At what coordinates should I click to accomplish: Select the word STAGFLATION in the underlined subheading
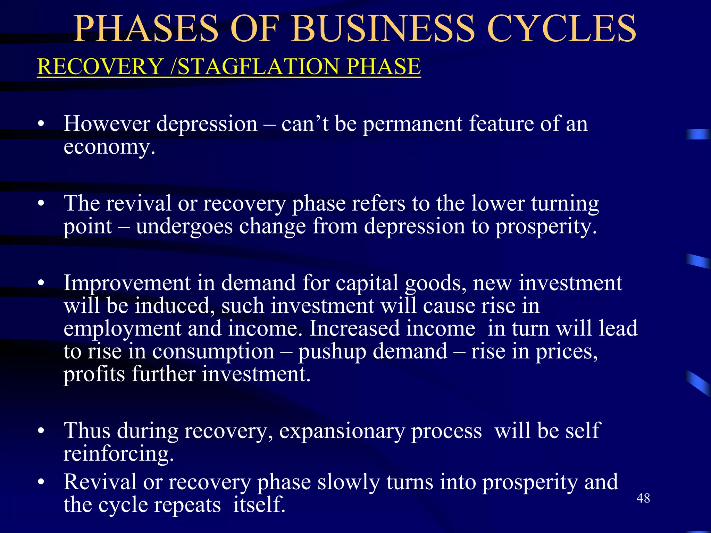pos(258,66)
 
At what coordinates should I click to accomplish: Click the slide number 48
pos(643,498)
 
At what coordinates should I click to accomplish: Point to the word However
pos(107,124)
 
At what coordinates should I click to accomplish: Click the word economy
pos(109,147)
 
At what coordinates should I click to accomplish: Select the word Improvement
pos(127,283)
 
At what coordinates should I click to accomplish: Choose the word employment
pos(122,329)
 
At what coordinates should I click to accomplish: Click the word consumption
pos(213,352)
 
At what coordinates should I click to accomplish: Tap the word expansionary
pos(342,431)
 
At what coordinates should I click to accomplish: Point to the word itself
pos(259,505)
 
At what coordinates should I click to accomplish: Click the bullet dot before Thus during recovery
pos(41,431)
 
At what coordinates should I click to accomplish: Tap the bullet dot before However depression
pos(41,124)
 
